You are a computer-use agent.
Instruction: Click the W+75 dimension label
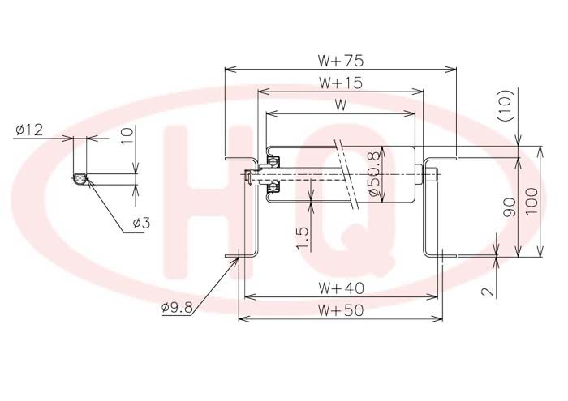341,61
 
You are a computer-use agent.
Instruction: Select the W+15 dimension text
341,83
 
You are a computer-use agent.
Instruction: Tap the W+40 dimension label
342,288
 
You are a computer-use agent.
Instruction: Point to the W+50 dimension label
341,310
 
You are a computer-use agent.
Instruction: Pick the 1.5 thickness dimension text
302,238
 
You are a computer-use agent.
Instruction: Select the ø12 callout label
29,130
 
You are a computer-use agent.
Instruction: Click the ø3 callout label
141,223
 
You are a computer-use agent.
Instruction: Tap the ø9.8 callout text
177,307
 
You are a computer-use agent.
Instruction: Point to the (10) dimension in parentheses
506,105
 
